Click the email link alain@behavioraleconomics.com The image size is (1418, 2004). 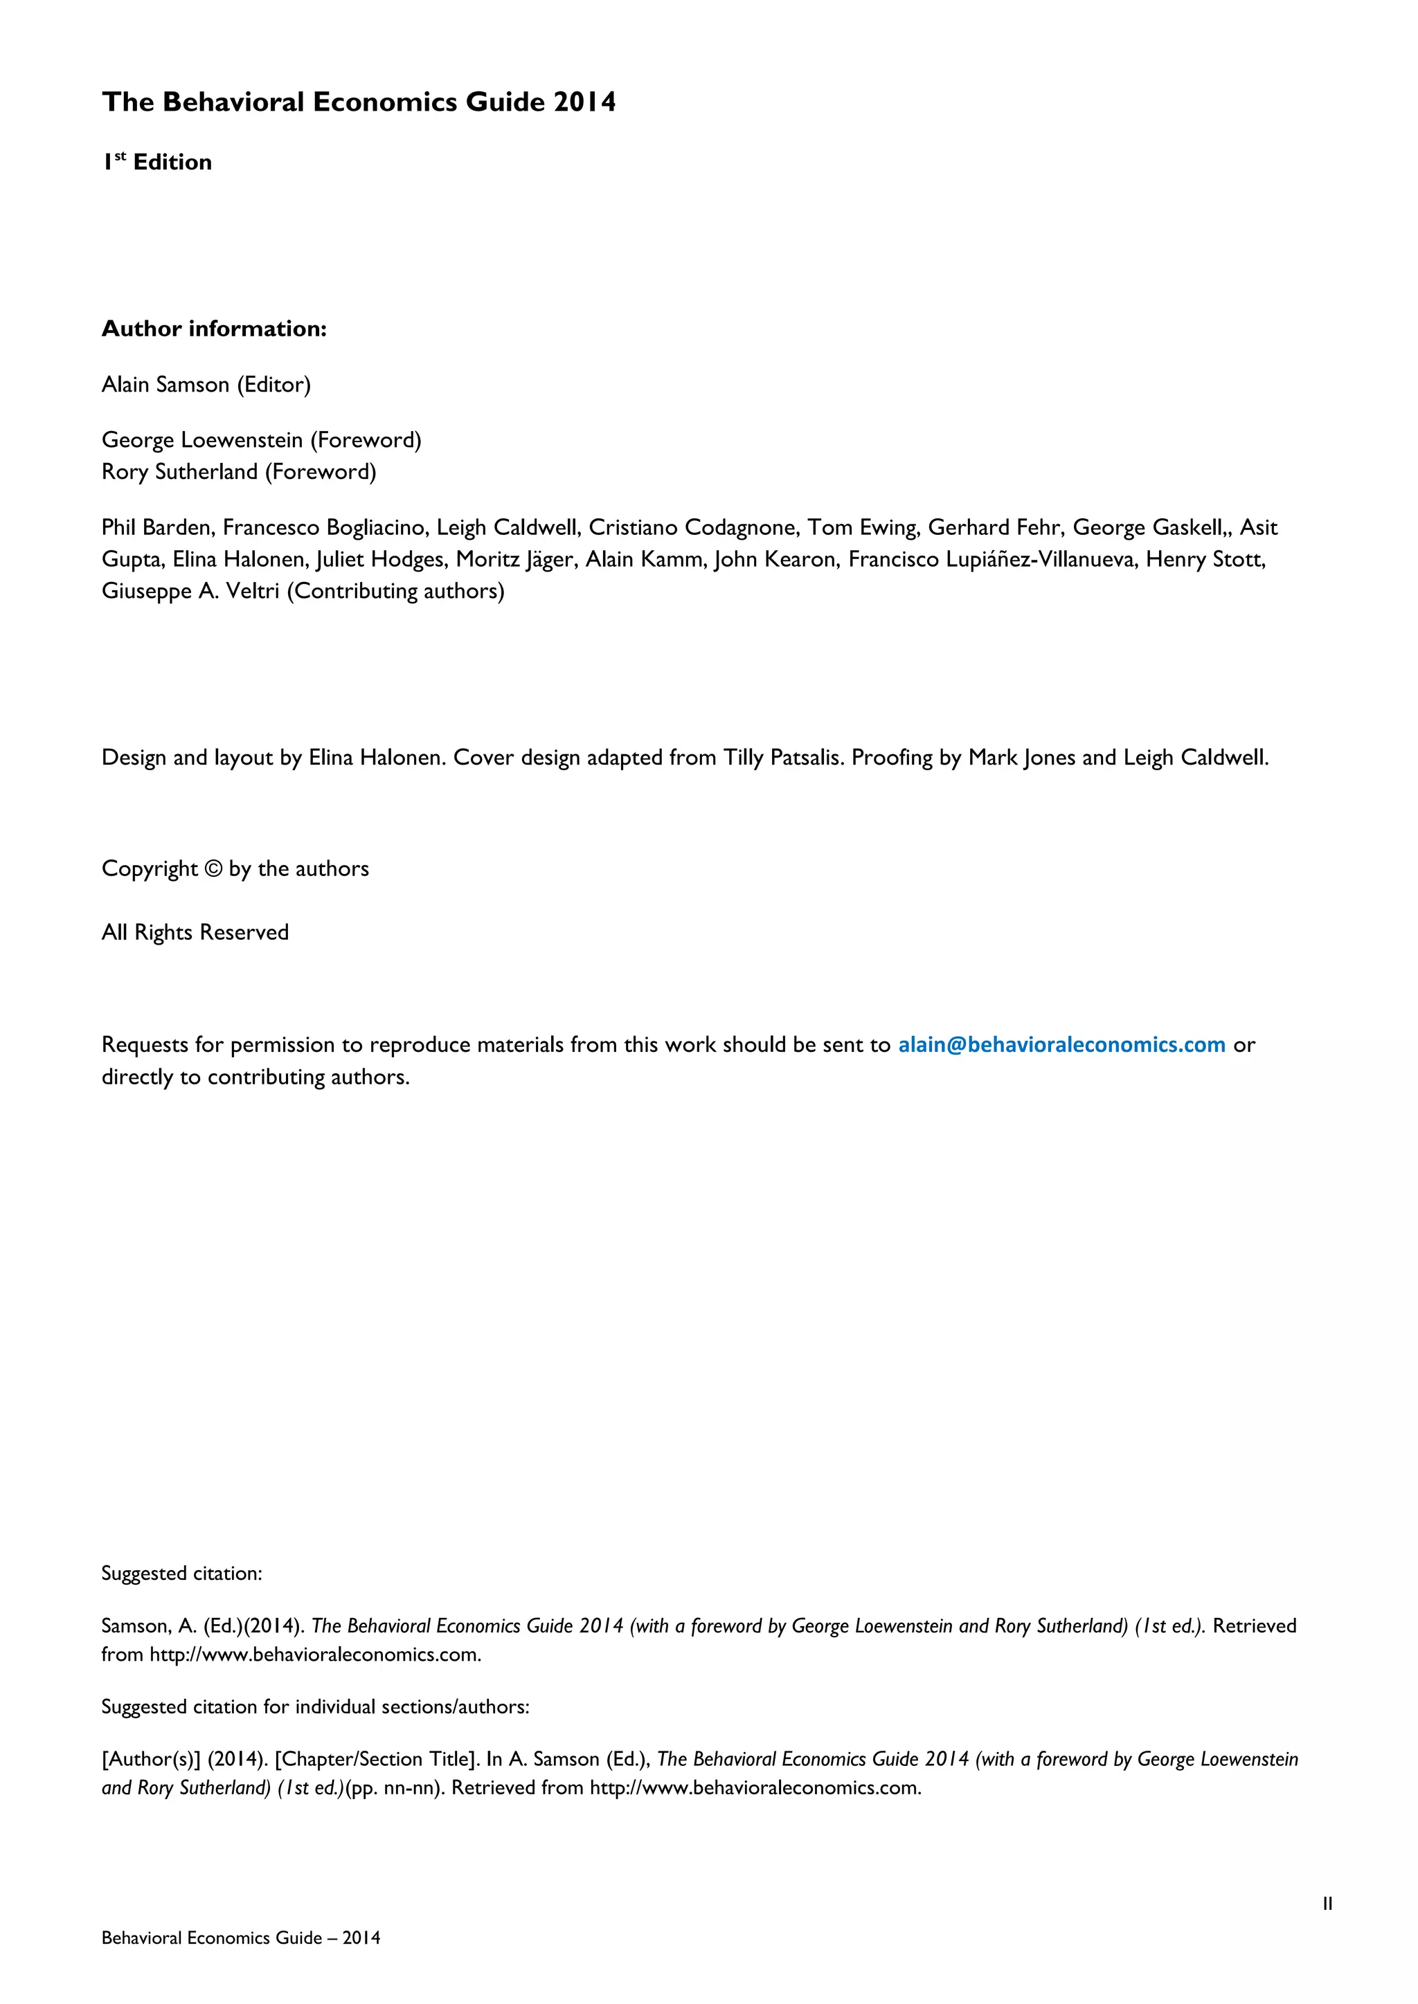pos(1061,1045)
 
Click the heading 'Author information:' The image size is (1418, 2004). pos(214,329)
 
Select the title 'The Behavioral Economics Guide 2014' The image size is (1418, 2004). pos(359,102)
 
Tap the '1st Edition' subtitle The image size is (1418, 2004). pos(157,163)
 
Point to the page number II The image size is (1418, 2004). pos(1327,1904)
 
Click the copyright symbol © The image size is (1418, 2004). pos(214,869)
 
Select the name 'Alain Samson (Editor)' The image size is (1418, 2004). pos(206,385)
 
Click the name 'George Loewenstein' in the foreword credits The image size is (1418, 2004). pos(201,440)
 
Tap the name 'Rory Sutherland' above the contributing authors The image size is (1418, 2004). pos(179,472)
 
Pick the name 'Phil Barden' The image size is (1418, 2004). pos(157,527)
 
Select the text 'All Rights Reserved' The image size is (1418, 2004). pos(195,933)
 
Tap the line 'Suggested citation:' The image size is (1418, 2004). pos(181,1573)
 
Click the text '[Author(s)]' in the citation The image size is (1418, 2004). pos(150,1759)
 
